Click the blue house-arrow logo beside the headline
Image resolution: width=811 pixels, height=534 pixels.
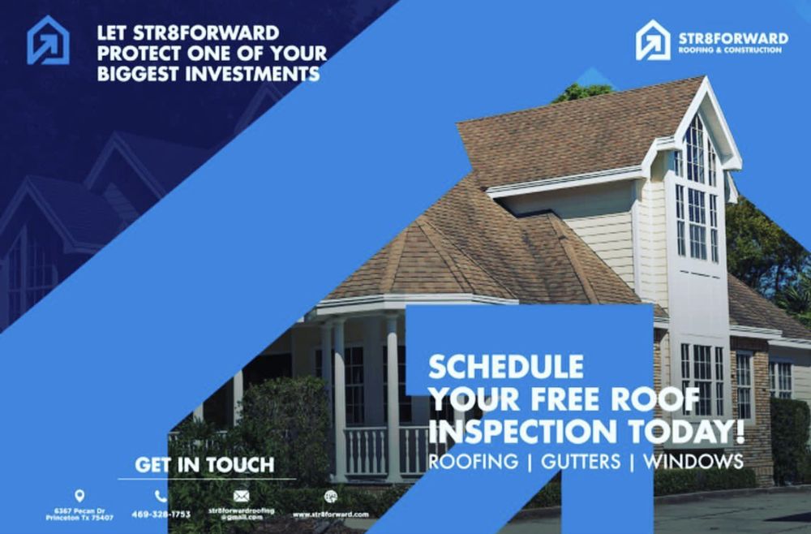(48, 40)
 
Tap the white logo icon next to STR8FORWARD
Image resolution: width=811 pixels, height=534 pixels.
(653, 40)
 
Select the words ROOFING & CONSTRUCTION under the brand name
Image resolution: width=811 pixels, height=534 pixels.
(730, 50)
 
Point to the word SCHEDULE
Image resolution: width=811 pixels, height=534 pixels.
(505, 367)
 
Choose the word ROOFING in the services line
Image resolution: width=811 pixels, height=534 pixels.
(473, 462)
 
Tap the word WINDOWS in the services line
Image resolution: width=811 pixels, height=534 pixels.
(693, 462)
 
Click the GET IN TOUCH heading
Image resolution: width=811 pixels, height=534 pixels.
(204, 465)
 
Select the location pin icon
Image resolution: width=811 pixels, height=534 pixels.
(79, 495)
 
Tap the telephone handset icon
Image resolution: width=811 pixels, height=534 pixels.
(161, 495)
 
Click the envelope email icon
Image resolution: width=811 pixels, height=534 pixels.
(241, 495)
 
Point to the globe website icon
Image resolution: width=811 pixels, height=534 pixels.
(330, 496)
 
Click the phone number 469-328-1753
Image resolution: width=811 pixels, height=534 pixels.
(161, 514)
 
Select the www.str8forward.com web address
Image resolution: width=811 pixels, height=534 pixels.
(330, 514)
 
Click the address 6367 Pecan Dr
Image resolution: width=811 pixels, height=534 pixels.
(79, 510)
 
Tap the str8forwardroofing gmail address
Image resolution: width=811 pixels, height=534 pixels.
(241, 513)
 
